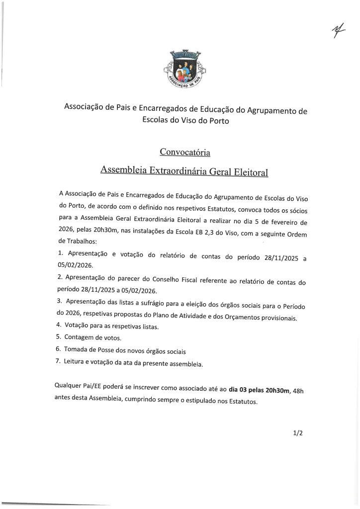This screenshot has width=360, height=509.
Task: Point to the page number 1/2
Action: (x=298, y=433)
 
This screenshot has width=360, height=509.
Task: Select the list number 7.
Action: (x=60, y=363)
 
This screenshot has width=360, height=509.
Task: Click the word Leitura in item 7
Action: (x=77, y=363)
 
